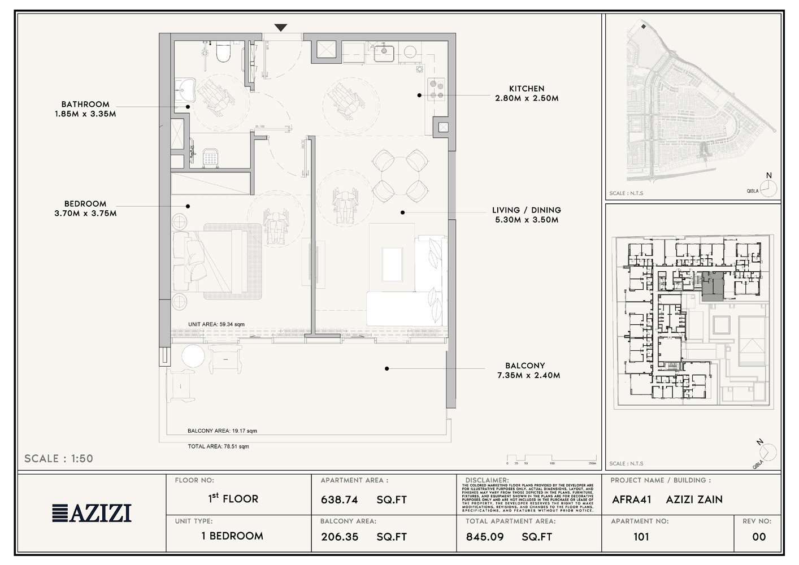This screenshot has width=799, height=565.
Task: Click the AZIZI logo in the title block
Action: coord(92,512)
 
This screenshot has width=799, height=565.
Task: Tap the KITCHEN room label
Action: coord(527,89)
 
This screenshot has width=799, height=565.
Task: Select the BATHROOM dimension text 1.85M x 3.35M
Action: coord(85,114)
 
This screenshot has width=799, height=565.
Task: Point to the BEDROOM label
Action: coord(85,204)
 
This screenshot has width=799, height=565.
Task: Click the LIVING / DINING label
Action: coord(526,210)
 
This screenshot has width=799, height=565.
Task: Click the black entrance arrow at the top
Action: coord(281,28)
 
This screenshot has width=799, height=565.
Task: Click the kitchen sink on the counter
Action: coord(384,52)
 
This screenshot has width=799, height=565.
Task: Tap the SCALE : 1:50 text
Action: coord(59,458)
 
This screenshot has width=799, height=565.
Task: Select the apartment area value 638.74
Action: coord(340,500)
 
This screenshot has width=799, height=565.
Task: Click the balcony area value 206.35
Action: coord(339,537)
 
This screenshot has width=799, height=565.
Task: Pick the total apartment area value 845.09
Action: coord(484,537)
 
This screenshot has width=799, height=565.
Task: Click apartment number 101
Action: coord(641,537)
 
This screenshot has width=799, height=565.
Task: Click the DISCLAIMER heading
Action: coord(487,480)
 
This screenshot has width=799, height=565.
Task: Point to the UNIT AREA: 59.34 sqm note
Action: coord(216,324)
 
